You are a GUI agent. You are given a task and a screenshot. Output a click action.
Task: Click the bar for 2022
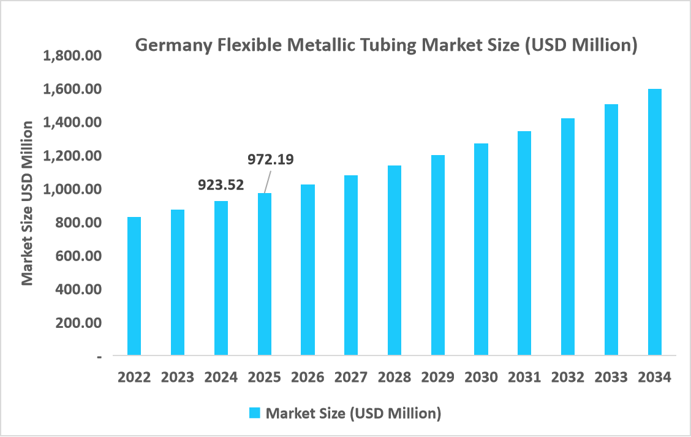click(x=134, y=286)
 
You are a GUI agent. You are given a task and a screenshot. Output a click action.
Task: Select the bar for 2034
click(x=655, y=222)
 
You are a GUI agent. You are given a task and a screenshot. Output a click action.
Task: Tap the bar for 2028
click(x=395, y=260)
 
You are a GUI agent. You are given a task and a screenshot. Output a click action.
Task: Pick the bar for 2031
click(x=524, y=243)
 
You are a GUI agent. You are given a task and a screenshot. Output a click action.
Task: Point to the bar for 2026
click(x=308, y=270)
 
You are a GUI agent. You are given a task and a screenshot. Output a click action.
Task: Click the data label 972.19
click(x=270, y=159)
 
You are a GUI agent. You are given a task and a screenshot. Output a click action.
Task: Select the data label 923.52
click(x=221, y=184)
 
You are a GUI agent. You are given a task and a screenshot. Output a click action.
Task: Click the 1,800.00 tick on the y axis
click(x=72, y=56)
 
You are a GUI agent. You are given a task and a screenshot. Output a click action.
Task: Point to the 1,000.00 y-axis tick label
click(x=72, y=189)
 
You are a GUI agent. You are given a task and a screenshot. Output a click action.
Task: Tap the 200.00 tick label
click(x=79, y=322)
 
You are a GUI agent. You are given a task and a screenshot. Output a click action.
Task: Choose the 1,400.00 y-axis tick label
click(x=72, y=123)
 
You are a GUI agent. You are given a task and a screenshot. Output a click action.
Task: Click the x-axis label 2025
click(x=264, y=377)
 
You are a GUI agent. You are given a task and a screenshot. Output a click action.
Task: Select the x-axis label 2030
click(x=481, y=377)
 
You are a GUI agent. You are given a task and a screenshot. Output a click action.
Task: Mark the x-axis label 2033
click(x=611, y=377)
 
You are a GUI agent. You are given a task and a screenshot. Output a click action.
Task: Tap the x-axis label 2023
click(x=177, y=377)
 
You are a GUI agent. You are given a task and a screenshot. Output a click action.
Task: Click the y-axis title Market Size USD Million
click(x=27, y=203)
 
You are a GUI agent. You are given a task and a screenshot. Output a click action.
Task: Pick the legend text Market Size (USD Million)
click(x=353, y=413)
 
